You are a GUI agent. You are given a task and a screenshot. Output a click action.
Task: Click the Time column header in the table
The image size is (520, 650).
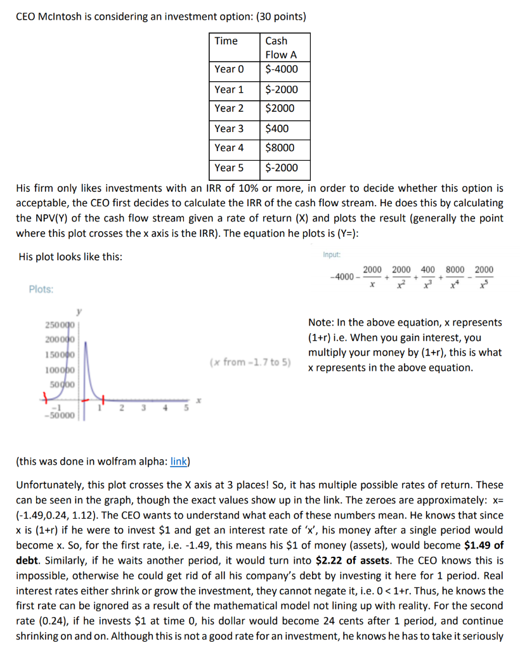coord(226,41)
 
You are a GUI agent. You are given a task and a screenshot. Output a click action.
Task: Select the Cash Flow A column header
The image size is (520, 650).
coord(280,48)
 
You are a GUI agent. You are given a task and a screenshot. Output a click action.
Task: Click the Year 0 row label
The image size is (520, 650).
coord(228,69)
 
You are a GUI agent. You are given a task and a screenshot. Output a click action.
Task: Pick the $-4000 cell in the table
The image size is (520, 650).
coord(281,69)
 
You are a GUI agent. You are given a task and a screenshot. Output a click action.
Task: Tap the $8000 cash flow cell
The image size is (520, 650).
coord(279,148)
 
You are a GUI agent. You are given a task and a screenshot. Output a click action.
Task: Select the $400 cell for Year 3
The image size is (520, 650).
coord(276,128)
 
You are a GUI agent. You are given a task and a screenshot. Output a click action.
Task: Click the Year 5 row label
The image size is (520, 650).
coord(228,168)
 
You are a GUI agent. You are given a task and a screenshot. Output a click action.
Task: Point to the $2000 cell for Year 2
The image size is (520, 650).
coord(279,109)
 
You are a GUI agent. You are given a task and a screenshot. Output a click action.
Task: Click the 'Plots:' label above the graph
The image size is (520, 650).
coord(41,289)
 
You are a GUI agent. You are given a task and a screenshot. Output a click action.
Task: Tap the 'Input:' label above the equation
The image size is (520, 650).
coord(331,255)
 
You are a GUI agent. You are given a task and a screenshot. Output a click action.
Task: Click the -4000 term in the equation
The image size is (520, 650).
coord(343,277)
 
